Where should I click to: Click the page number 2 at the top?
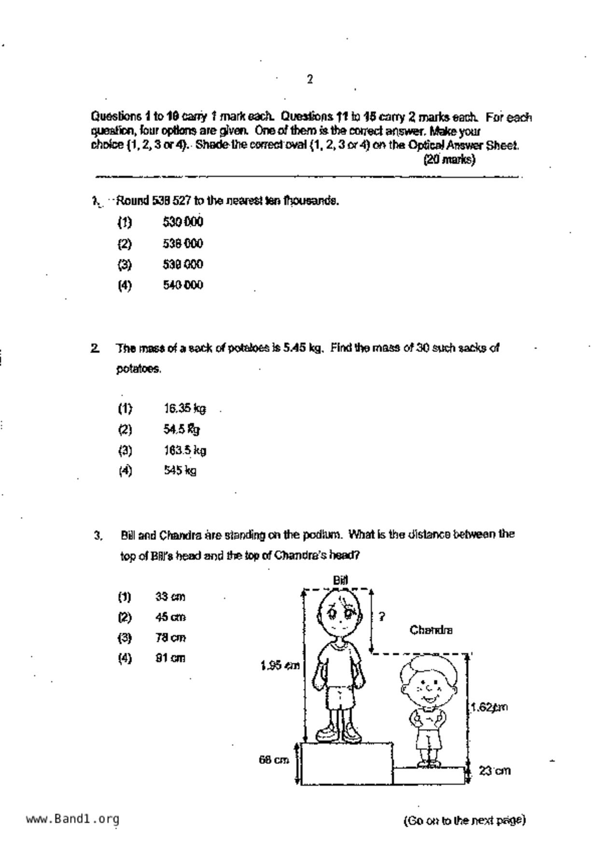(x=310, y=80)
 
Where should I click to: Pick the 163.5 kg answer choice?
(x=184, y=450)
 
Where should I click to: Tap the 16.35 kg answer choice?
(x=184, y=409)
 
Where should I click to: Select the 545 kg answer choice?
(x=180, y=470)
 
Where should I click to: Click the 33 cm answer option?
(x=170, y=597)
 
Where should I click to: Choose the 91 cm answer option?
(x=170, y=658)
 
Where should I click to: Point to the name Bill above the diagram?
(x=340, y=580)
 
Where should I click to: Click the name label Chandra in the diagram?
(x=431, y=630)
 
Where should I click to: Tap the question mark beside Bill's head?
(x=382, y=616)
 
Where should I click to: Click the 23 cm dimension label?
(x=494, y=771)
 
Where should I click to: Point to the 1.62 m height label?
(x=489, y=708)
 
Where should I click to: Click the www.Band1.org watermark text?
(x=72, y=819)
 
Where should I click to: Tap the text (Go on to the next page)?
(x=464, y=820)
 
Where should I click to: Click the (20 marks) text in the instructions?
(x=449, y=160)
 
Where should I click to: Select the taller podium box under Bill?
(x=347, y=764)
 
